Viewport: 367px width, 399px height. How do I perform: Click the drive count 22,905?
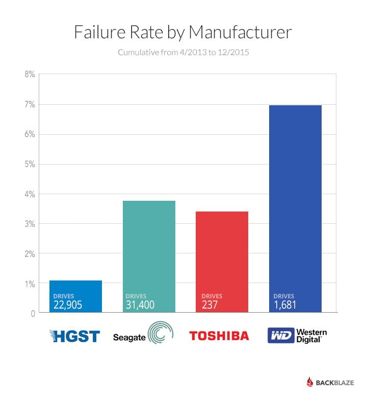tap(67, 306)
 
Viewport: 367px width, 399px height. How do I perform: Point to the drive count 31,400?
tap(140, 306)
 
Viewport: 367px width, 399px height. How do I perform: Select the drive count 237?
tap(210, 306)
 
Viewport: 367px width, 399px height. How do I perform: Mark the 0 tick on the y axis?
tap(32, 314)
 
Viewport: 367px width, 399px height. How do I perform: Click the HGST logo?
tap(75, 336)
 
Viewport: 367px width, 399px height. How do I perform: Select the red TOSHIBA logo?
tap(219, 336)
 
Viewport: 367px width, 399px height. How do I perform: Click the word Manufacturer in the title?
tap(240, 32)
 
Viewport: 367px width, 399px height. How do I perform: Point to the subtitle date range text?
tap(183, 53)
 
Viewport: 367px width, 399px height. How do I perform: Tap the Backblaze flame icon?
tap(309, 382)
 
